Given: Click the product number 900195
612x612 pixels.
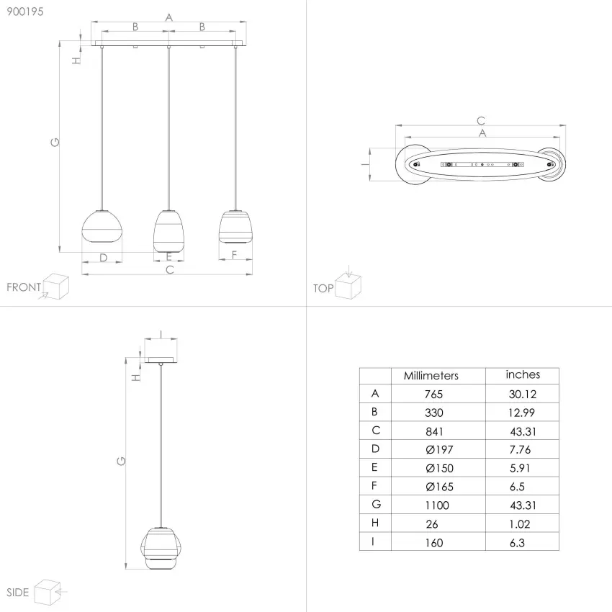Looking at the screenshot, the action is point(25,12).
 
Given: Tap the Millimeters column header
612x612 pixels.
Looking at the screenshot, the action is point(431,375).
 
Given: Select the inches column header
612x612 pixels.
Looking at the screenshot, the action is point(523,374).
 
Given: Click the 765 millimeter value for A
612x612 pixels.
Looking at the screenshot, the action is point(433,395).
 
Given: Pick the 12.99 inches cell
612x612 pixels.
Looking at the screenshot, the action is point(521,413).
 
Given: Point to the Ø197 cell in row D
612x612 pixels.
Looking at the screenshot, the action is point(439,449).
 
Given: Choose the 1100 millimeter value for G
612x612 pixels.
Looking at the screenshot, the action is point(437,505).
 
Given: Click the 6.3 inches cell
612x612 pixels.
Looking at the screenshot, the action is point(517,543).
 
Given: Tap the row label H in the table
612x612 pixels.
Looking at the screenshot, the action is point(375,523).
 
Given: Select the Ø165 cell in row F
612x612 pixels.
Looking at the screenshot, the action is point(439,487).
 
